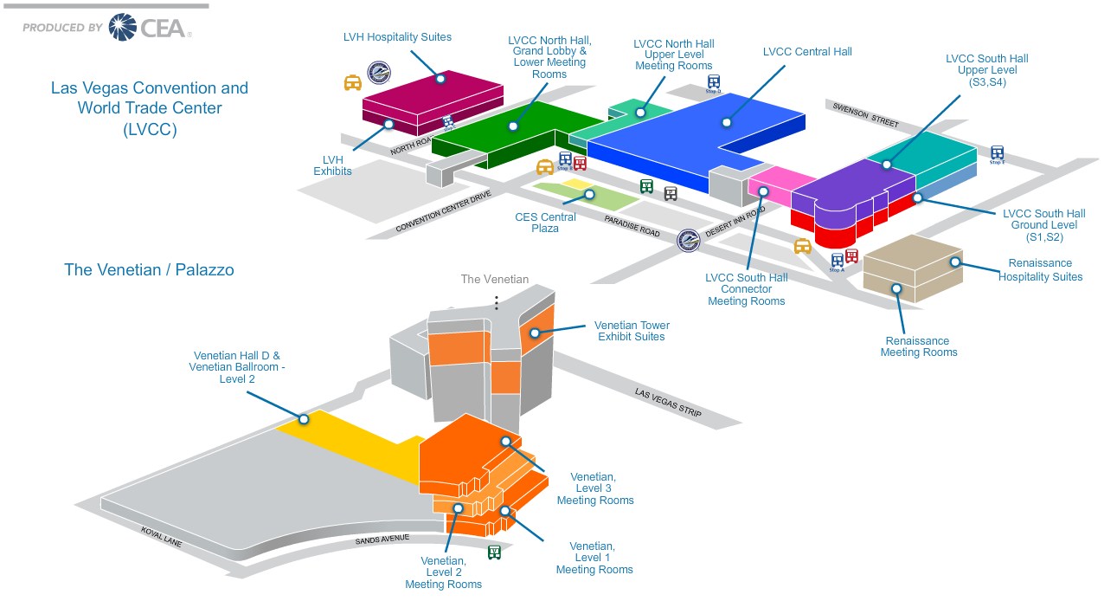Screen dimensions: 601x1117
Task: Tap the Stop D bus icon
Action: [714, 83]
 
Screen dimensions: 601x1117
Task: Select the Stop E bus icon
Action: [997, 154]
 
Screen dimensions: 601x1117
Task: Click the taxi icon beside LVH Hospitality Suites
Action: [353, 83]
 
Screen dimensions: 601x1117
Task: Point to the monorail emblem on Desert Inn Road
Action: [689, 240]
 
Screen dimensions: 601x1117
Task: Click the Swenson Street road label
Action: [866, 115]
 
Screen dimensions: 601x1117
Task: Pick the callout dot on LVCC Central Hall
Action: [727, 123]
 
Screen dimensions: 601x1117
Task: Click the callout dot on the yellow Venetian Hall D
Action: [304, 419]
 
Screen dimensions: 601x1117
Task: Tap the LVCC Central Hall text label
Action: [807, 52]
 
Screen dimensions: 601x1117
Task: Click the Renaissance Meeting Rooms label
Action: [918, 346]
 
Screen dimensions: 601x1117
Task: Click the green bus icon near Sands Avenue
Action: [494, 553]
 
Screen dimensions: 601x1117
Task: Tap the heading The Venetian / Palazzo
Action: [149, 269]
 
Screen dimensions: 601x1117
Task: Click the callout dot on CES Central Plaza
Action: [589, 194]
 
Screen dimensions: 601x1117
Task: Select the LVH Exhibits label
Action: [332, 165]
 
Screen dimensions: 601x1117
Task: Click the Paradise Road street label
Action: [632, 227]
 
